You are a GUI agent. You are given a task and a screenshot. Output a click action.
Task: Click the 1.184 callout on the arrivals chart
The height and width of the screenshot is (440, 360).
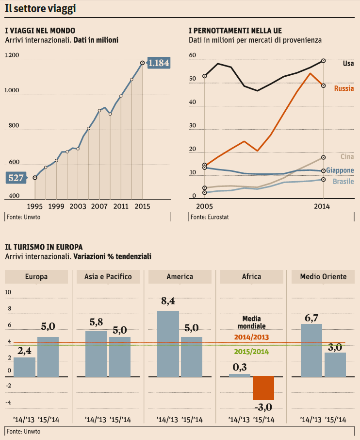pyautogui.click(x=158, y=63)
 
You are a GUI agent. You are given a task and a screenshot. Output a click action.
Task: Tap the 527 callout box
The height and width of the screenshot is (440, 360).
pyautogui.click(x=16, y=178)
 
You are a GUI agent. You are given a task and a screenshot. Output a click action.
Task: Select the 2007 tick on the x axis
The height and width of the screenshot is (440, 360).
pyautogui.click(x=99, y=206)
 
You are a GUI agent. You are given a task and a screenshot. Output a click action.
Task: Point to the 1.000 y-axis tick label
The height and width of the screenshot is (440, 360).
pyautogui.click(x=12, y=91)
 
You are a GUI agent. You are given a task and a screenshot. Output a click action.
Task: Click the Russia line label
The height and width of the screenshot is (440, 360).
pyautogui.click(x=344, y=89)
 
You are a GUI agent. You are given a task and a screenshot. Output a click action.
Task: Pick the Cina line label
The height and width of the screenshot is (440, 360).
pyautogui.click(x=347, y=156)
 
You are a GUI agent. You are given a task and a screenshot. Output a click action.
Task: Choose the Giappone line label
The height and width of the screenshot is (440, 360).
pyautogui.click(x=340, y=170)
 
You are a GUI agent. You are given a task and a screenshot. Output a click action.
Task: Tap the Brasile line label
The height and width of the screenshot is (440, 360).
pyautogui.click(x=343, y=181)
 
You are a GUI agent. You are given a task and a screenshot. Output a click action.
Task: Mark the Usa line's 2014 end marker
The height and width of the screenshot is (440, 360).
pyautogui.click(x=324, y=61)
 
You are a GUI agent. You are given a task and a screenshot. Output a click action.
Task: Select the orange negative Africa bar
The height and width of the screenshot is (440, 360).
pyautogui.click(x=263, y=388)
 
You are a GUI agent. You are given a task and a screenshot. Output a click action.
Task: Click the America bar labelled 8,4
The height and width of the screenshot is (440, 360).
pyautogui.click(x=168, y=344)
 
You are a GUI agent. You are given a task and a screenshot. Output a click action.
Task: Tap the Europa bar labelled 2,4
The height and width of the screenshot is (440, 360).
pyautogui.click(x=24, y=367)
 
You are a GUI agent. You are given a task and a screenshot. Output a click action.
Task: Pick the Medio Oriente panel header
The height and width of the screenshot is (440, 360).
pyautogui.click(x=323, y=277)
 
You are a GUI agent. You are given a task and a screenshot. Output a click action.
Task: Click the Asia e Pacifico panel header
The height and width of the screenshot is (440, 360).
pyautogui.click(x=108, y=277)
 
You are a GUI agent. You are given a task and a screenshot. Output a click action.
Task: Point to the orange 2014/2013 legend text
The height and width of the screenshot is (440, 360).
pyautogui.click(x=251, y=337)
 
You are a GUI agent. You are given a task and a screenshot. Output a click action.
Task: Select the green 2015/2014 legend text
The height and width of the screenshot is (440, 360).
pyautogui.click(x=251, y=352)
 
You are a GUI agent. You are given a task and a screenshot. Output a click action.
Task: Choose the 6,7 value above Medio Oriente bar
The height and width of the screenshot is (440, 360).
pyautogui.click(x=311, y=318)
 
